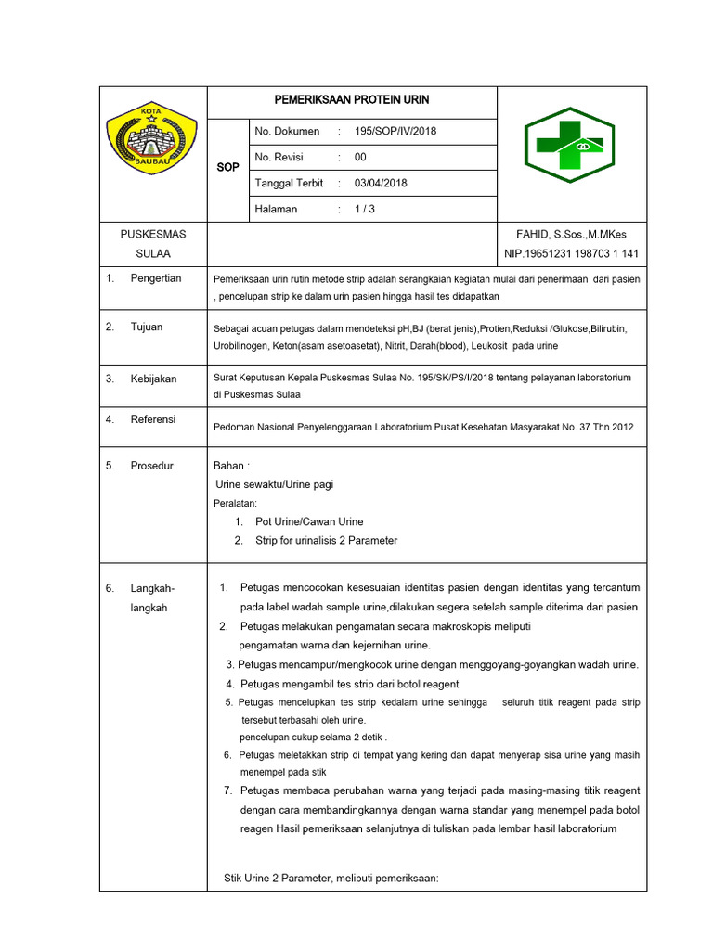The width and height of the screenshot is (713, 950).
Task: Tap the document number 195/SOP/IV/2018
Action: click(x=395, y=131)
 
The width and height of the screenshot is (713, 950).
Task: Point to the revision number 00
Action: click(x=360, y=157)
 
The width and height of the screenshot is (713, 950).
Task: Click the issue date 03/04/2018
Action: click(x=381, y=183)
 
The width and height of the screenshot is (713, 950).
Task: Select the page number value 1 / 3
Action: click(x=365, y=209)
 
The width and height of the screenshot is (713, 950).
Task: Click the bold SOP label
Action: click(x=227, y=168)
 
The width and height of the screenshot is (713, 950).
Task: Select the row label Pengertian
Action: click(x=156, y=278)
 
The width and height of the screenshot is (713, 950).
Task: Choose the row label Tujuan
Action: click(x=147, y=327)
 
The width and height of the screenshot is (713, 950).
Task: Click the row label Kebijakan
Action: click(x=153, y=379)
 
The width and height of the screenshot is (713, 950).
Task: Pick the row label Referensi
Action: click(x=154, y=419)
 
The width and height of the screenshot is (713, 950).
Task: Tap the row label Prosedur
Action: click(x=152, y=466)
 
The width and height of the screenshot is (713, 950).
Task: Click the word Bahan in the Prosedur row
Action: click(x=231, y=466)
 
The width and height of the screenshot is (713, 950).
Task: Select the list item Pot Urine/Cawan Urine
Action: click(x=309, y=521)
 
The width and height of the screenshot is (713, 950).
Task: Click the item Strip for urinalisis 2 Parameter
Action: click(x=326, y=540)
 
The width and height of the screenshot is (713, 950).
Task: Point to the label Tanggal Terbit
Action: click(x=289, y=183)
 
